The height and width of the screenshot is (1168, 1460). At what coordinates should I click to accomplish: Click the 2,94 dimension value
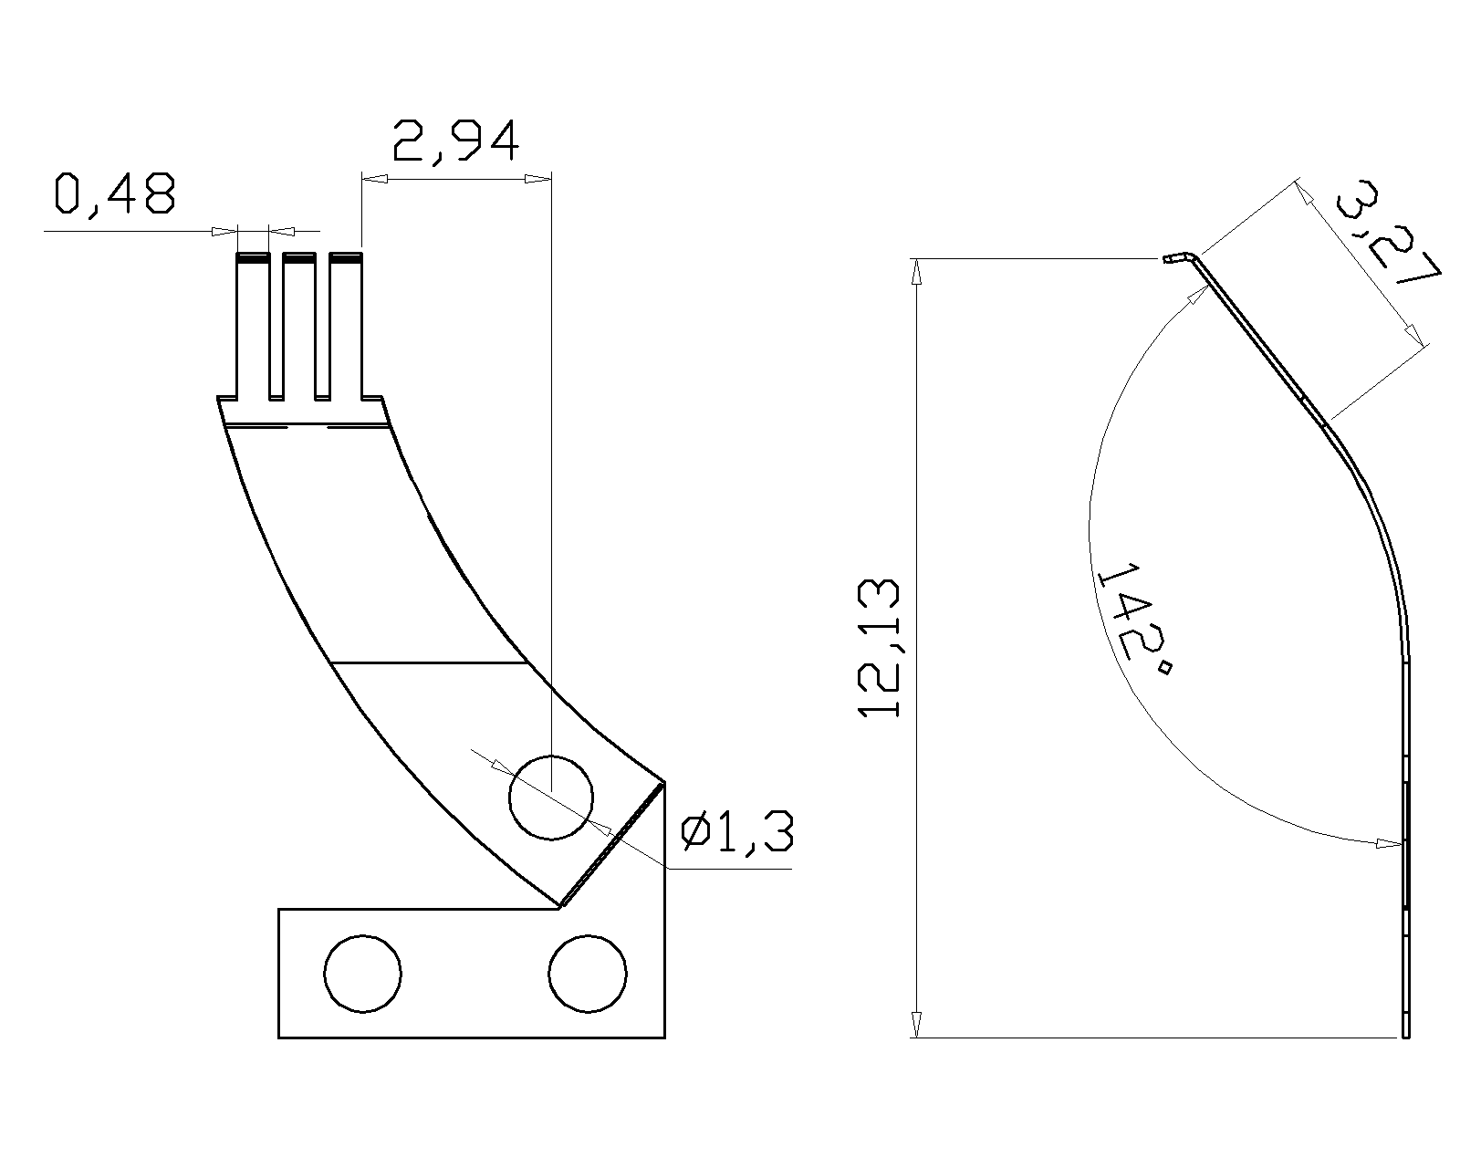pos(456,141)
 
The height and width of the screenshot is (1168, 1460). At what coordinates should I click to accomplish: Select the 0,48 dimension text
pos(115,194)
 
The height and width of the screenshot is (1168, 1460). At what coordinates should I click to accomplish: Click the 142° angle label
pos(1134,618)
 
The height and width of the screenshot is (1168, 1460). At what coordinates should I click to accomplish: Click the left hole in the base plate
pos(362,974)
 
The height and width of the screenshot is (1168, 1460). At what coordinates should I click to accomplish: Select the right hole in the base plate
pos(588,974)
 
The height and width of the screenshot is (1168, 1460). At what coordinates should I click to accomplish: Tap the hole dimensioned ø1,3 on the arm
pos(551,798)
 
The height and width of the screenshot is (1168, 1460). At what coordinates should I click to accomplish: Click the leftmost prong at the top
pos(253,326)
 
